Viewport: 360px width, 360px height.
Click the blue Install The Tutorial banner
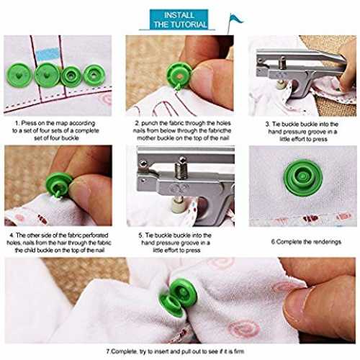pyautogui.click(x=179, y=19)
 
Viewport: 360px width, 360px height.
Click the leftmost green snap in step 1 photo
pyautogui.click(x=19, y=75)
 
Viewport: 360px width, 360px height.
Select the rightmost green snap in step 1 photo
pyautogui.click(x=94, y=75)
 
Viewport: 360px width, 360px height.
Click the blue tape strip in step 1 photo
pyautogui.click(x=48, y=54)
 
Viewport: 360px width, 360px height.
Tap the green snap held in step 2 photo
pyautogui.click(x=179, y=75)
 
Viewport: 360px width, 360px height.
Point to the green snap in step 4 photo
pyautogui.click(x=59, y=185)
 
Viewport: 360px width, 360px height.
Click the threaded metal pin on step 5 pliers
pyautogui.click(x=181, y=170)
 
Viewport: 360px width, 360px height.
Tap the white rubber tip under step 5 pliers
pyautogui.click(x=179, y=205)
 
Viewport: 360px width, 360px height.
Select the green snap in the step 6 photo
pyautogui.click(x=303, y=178)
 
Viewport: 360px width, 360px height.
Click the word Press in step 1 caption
pyautogui.click(x=29, y=123)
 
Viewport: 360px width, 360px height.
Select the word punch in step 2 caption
pyautogui.click(x=149, y=123)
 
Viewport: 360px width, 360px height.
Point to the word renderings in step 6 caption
pyautogui.click(x=326, y=242)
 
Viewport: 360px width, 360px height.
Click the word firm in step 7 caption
pyautogui.click(x=239, y=351)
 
